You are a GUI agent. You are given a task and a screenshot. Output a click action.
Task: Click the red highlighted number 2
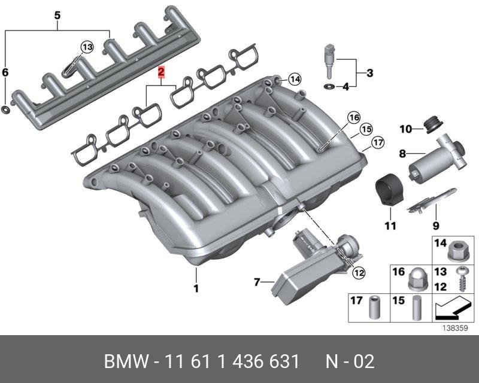click(161, 72)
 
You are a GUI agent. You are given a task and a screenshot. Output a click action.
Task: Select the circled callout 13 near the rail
click(87, 47)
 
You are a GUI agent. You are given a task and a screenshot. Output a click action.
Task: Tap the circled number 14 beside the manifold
click(295, 80)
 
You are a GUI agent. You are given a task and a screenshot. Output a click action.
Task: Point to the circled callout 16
click(354, 117)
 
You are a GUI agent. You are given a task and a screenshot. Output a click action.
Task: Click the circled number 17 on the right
click(378, 142)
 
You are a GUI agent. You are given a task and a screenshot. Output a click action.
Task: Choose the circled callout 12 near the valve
click(359, 272)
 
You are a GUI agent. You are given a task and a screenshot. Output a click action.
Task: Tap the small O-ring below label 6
click(5, 110)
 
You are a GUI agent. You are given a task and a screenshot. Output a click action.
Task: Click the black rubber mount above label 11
click(389, 190)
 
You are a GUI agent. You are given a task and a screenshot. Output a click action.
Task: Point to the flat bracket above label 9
click(432, 200)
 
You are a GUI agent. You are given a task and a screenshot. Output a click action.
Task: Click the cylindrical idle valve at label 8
click(437, 158)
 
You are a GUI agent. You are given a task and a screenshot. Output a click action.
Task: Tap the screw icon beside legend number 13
click(462, 279)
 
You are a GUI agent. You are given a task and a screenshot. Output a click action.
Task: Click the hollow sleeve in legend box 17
click(375, 307)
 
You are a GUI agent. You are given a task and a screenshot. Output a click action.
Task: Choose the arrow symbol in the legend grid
click(453, 311)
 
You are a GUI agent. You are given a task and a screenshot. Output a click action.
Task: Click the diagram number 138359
click(455, 329)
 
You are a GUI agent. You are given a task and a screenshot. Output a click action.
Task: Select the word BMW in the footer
click(126, 361)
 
